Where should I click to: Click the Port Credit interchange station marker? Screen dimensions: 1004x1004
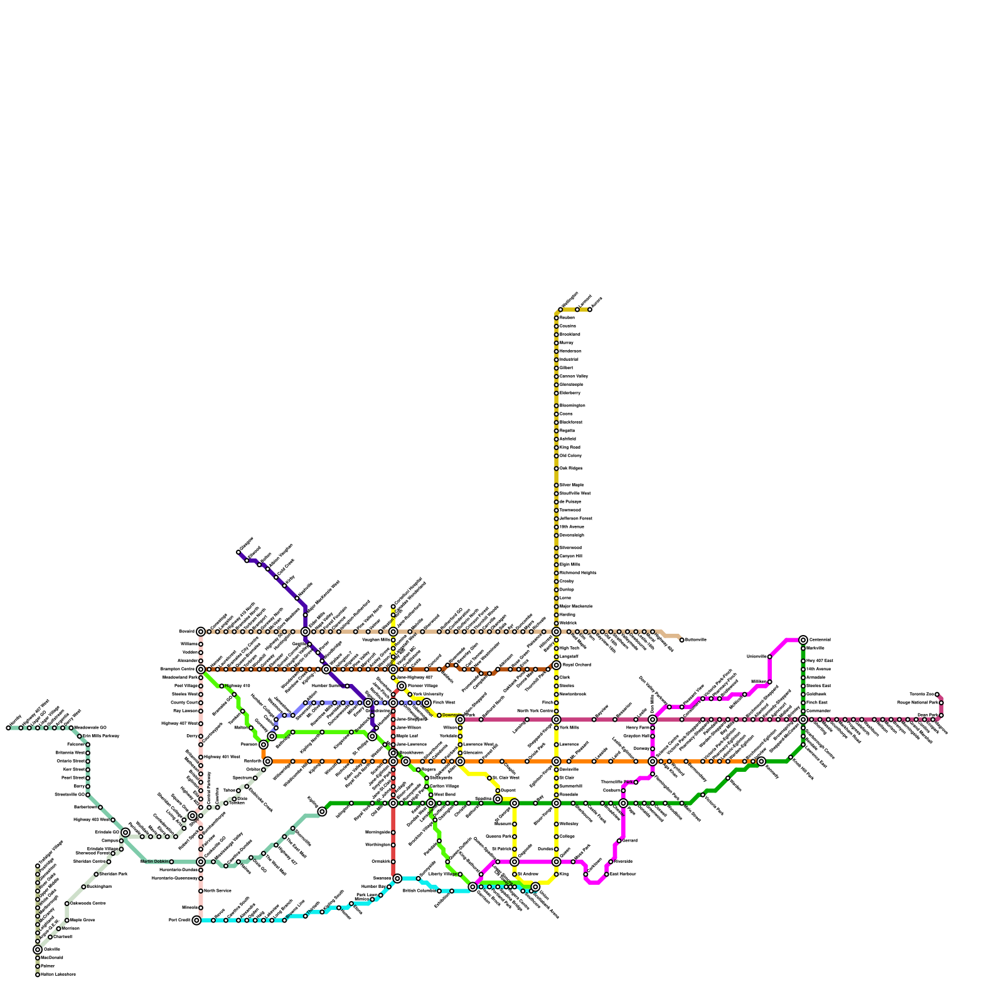click(x=196, y=920)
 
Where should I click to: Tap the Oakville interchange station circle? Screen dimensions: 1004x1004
click(x=38, y=949)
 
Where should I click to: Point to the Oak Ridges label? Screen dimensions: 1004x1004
click(x=571, y=468)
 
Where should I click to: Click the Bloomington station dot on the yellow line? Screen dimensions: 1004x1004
click(x=556, y=405)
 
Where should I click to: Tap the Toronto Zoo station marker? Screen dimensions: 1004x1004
click(x=937, y=695)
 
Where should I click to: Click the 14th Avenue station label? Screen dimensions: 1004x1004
click(x=818, y=669)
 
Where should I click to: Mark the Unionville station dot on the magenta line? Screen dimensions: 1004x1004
click(x=769, y=657)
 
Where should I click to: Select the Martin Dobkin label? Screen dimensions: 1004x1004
click(x=154, y=862)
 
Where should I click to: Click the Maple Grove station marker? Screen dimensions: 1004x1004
click(x=67, y=920)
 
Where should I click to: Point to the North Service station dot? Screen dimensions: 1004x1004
click(x=201, y=891)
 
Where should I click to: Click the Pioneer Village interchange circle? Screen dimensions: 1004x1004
click(x=402, y=686)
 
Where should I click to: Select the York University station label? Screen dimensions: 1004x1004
click(x=428, y=694)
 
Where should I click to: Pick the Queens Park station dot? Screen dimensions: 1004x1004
click(x=515, y=836)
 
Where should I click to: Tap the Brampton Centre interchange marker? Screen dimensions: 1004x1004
click(x=201, y=670)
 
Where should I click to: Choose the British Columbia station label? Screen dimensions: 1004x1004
click(x=419, y=890)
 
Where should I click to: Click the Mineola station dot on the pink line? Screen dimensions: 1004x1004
click(x=201, y=907)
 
